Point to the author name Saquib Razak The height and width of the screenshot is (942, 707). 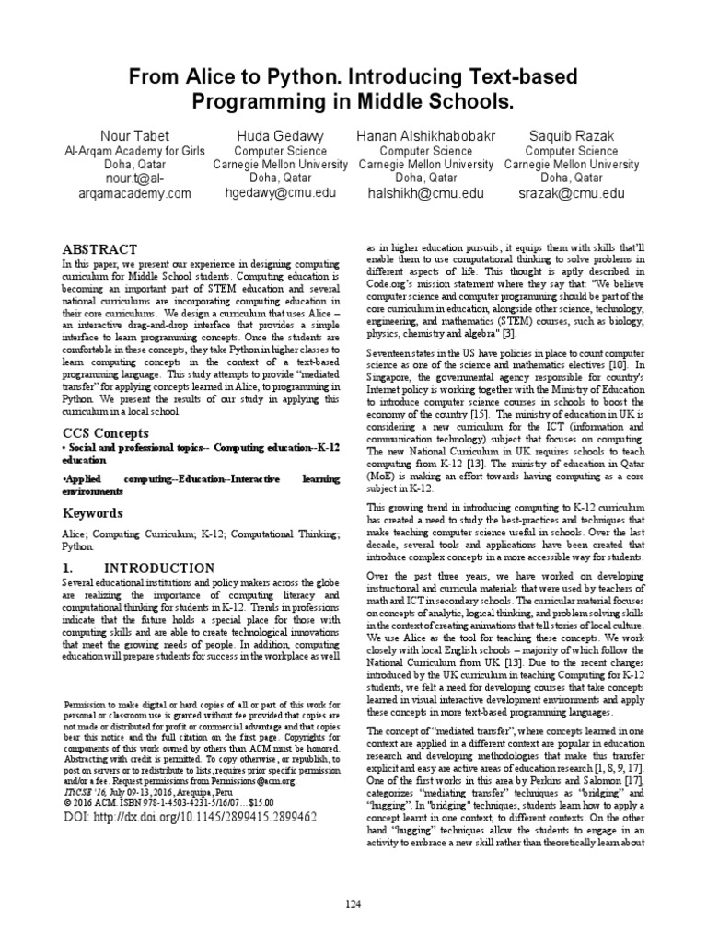(571, 136)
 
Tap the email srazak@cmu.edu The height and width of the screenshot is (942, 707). (571, 193)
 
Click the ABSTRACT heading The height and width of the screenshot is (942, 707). (99, 249)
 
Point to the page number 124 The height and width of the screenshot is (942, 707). (353, 904)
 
